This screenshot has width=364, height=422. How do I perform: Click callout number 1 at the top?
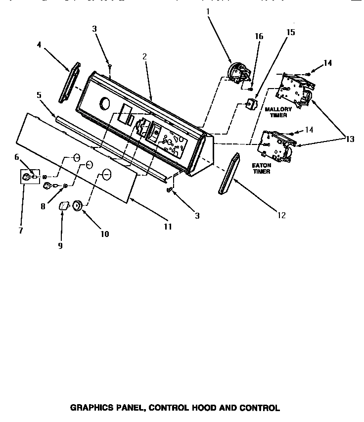208,11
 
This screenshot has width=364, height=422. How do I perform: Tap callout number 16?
259,36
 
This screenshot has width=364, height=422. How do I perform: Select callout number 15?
290,32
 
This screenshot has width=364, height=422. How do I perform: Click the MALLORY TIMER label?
278,112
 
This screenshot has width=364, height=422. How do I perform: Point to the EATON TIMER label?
262,168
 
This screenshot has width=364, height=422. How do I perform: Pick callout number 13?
350,139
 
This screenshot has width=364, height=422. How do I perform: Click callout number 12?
282,215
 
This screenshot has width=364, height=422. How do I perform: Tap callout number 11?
168,227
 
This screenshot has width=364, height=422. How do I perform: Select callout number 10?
105,234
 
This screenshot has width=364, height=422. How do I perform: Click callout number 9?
60,245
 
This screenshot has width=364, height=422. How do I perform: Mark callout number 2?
144,56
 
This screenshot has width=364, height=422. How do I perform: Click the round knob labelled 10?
78,205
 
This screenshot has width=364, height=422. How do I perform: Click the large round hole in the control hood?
105,104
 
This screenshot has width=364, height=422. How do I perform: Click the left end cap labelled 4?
69,82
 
